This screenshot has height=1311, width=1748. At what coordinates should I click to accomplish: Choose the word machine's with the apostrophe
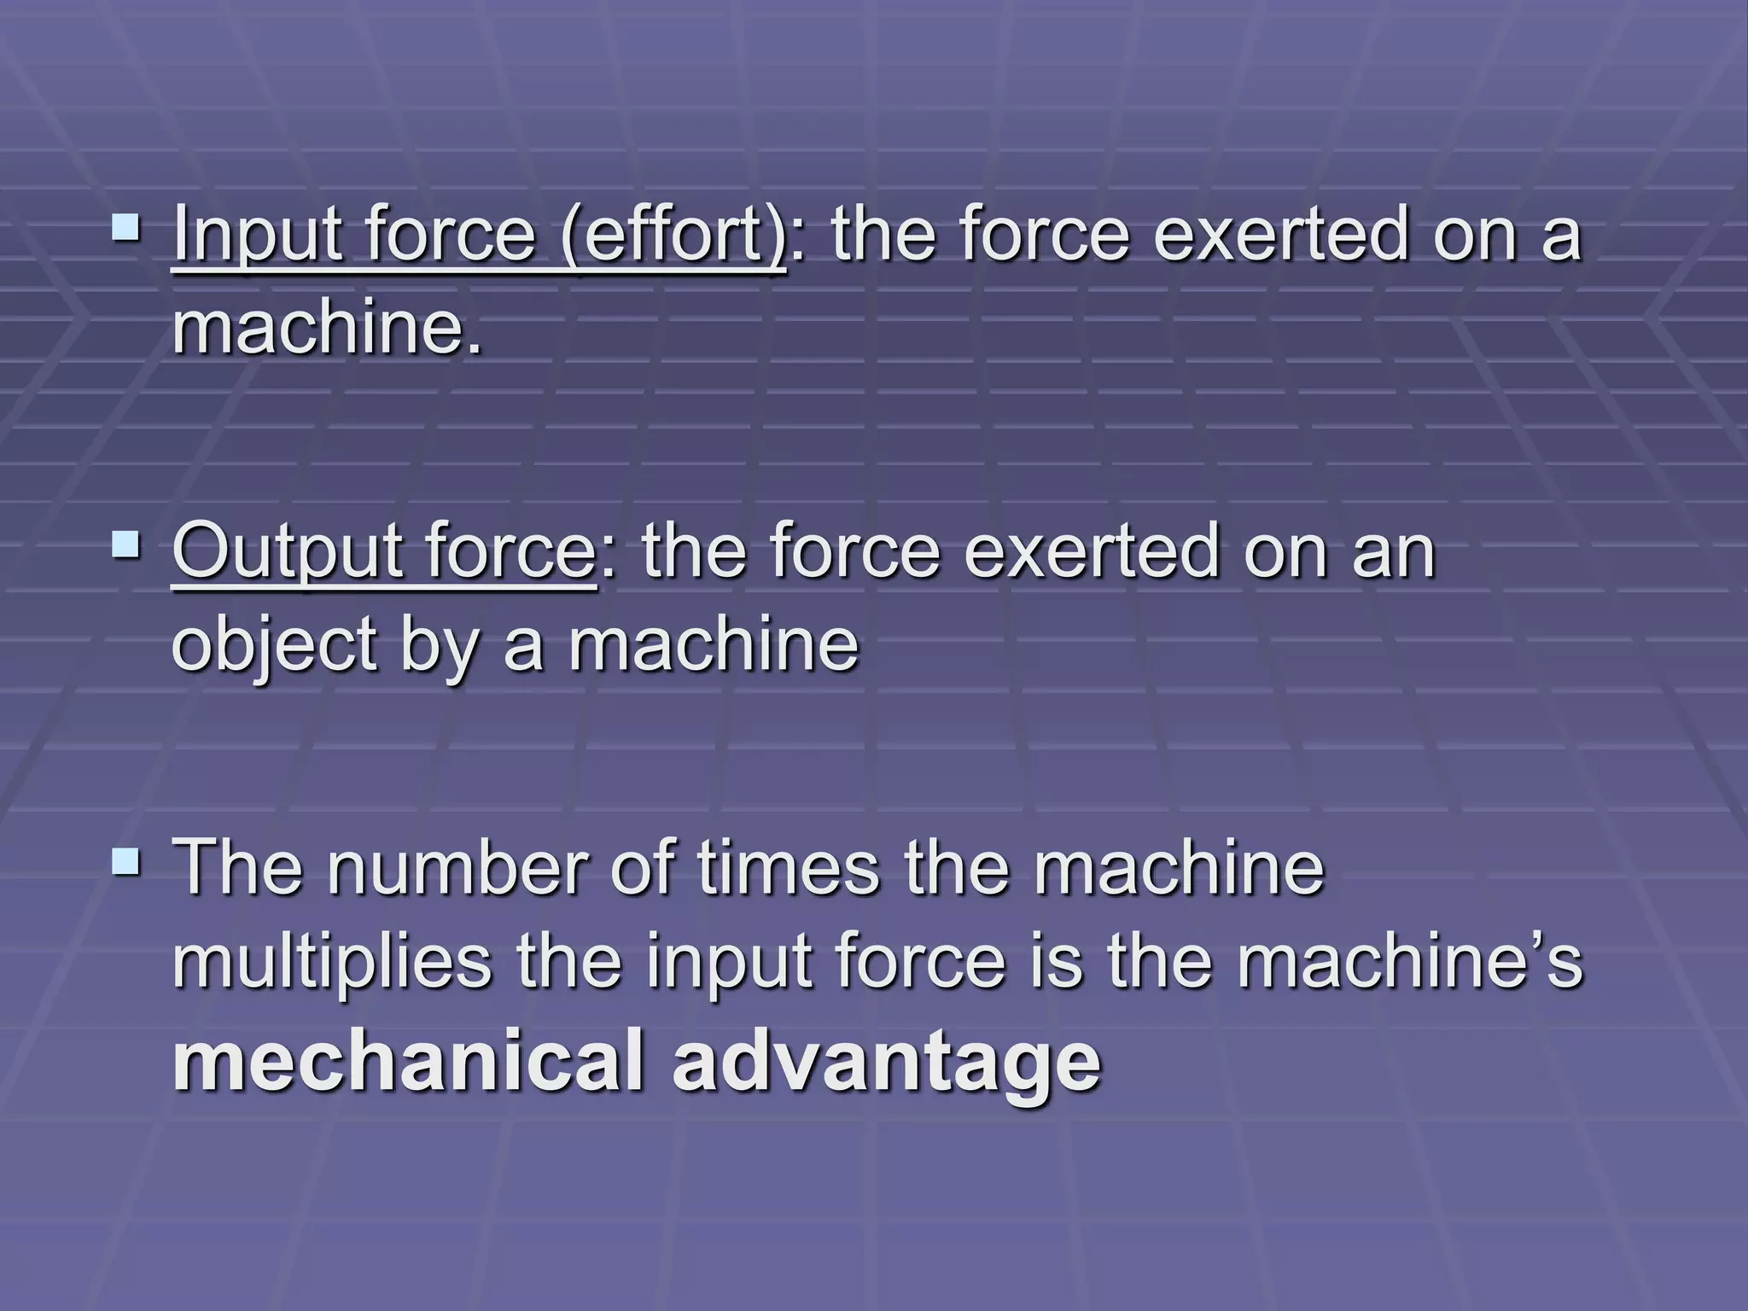1409,962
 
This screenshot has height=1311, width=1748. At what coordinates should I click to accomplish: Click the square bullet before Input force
127,228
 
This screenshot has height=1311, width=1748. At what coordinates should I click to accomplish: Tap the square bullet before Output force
127,544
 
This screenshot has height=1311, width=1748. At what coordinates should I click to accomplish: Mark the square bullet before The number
127,860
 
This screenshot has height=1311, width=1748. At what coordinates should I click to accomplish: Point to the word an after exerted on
1395,554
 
